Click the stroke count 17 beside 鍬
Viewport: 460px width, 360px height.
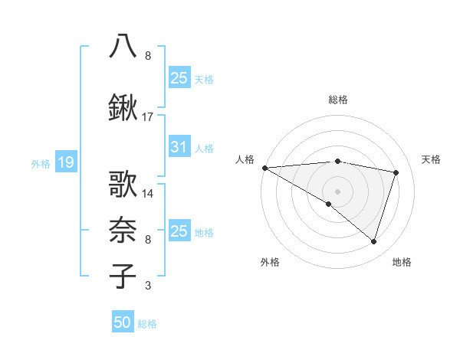tap(148, 117)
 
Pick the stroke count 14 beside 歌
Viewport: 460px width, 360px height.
tap(148, 193)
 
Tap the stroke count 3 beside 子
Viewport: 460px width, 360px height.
tap(148, 286)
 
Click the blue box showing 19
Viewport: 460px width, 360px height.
tap(65, 162)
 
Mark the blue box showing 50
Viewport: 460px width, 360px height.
tap(123, 322)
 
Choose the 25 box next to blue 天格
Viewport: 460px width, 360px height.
tap(179, 77)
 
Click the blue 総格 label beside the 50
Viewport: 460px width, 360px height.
tap(147, 324)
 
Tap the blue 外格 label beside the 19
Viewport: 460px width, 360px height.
tap(41, 163)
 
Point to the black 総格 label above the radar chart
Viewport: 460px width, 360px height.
tap(337, 100)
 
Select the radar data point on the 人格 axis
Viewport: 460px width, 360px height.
tap(264, 168)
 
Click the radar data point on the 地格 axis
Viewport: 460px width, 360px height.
tap(373, 241)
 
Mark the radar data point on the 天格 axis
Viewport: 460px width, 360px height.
tap(396, 172)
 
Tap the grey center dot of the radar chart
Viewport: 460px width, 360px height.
tap(337, 191)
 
